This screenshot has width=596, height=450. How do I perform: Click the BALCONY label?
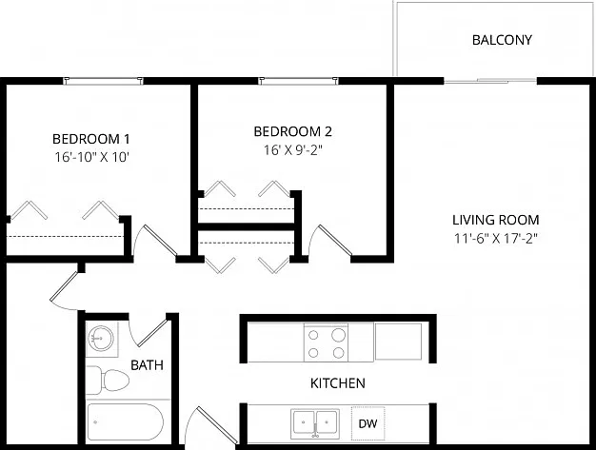[502, 40]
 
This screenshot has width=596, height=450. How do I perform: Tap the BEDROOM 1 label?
[91, 139]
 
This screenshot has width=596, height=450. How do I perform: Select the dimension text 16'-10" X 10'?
[92, 157]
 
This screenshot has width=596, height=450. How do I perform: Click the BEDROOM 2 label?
[292, 131]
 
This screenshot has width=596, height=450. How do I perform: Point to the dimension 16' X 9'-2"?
[293, 150]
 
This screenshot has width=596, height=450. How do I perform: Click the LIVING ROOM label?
[496, 220]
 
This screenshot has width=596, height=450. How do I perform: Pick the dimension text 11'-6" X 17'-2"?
[496, 239]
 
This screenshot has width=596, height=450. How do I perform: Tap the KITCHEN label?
[338, 383]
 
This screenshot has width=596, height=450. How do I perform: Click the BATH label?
[147, 365]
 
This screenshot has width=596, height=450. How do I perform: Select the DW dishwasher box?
[368, 423]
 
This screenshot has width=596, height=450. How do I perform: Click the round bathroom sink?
[101, 338]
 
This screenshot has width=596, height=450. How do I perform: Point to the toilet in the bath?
[108, 381]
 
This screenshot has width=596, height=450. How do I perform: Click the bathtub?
[126, 421]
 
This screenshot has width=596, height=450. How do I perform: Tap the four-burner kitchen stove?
[326, 342]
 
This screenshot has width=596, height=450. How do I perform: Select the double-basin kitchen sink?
[315, 423]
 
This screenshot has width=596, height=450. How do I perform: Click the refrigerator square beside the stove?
[398, 342]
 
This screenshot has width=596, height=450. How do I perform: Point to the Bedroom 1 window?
[104, 81]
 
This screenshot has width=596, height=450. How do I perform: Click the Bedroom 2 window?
[298, 81]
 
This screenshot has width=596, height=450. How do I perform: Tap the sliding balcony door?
[490, 81]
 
